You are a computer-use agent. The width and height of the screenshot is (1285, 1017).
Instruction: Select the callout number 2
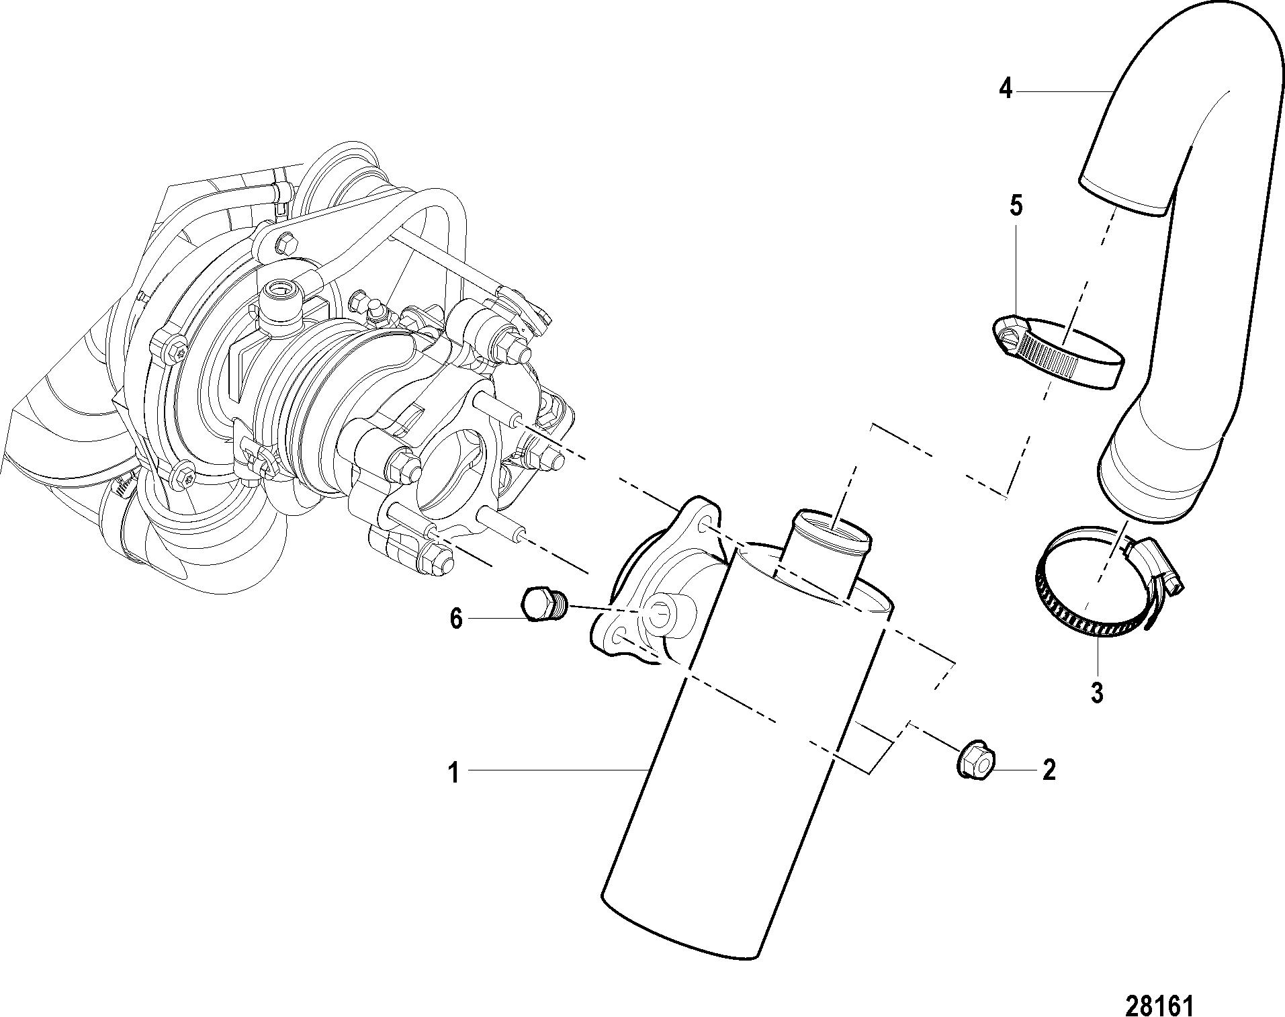click(x=1049, y=770)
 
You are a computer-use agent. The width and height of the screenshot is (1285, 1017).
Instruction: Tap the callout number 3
click(x=1097, y=693)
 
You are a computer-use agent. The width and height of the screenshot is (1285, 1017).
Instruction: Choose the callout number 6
click(x=456, y=618)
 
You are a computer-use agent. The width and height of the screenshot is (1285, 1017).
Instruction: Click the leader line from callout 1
click(x=558, y=770)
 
